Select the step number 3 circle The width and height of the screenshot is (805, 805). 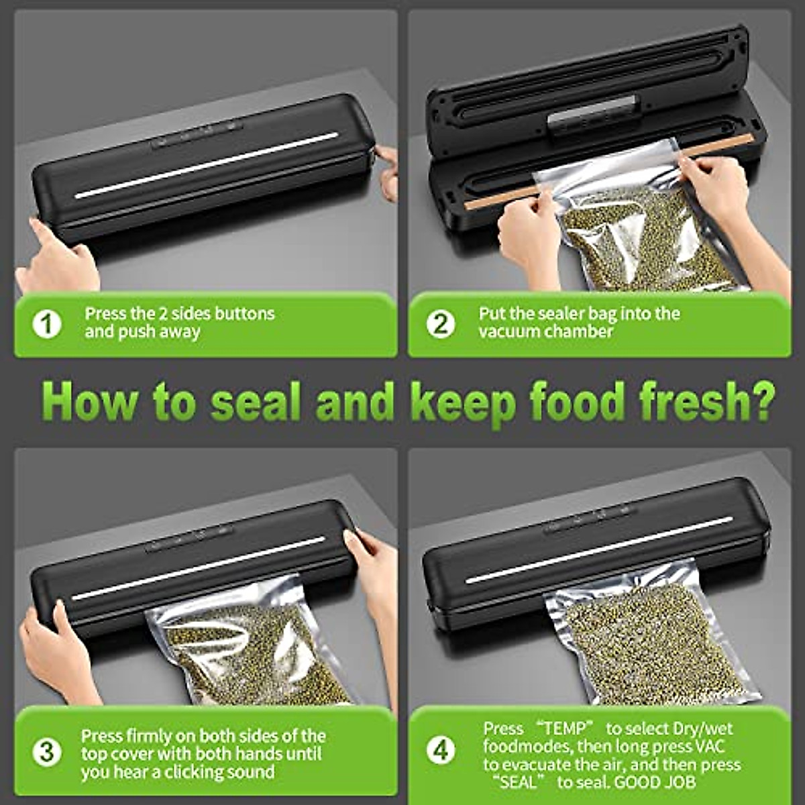[x=47, y=753]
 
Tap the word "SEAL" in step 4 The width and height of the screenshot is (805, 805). [x=519, y=782]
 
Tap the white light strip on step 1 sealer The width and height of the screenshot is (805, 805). [x=207, y=165]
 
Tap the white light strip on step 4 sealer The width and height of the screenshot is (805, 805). [x=600, y=549]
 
